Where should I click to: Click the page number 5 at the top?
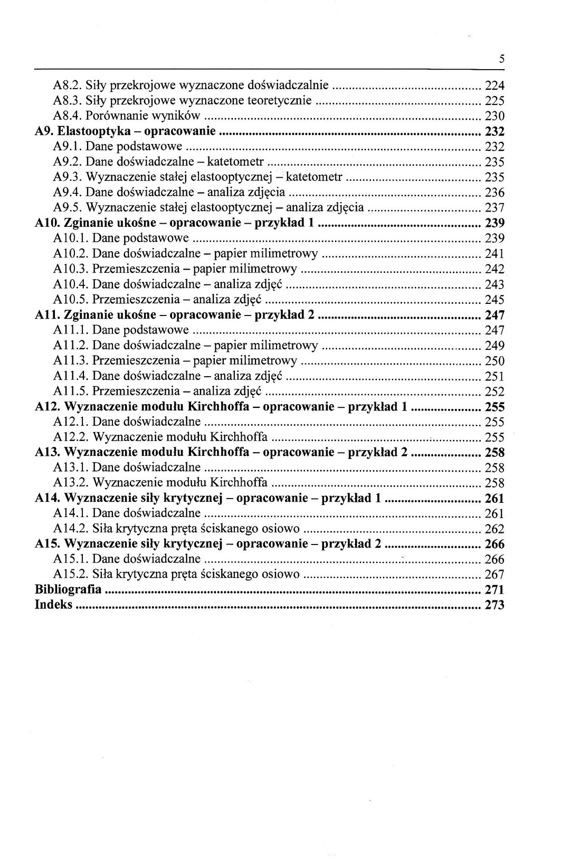coord(502,60)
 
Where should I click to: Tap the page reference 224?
coord(495,85)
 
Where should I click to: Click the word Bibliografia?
coord(68,590)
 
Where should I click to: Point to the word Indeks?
coord(53,605)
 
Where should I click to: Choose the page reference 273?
coord(495,605)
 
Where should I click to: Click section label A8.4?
coord(68,116)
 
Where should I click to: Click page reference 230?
coord(495,116)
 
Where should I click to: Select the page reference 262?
coord(495,529)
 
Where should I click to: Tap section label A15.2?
coord(71,575)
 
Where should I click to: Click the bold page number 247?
coord(495,316)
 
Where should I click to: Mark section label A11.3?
coord(71,361)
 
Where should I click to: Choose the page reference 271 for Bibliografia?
coord(495,590)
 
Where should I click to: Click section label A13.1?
coord(71,468)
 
